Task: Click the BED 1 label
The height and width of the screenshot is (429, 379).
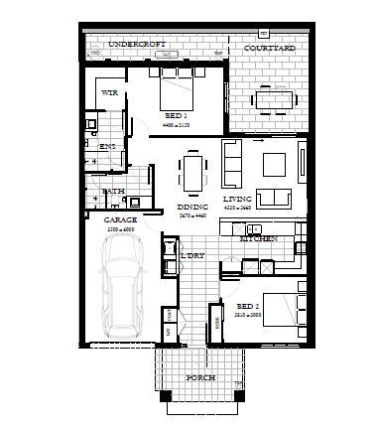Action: pos(176,116)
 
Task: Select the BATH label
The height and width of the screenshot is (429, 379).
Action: pos(113,191)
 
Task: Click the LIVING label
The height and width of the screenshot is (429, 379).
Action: pos(237,199)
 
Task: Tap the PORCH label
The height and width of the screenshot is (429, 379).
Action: pos(199,379)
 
